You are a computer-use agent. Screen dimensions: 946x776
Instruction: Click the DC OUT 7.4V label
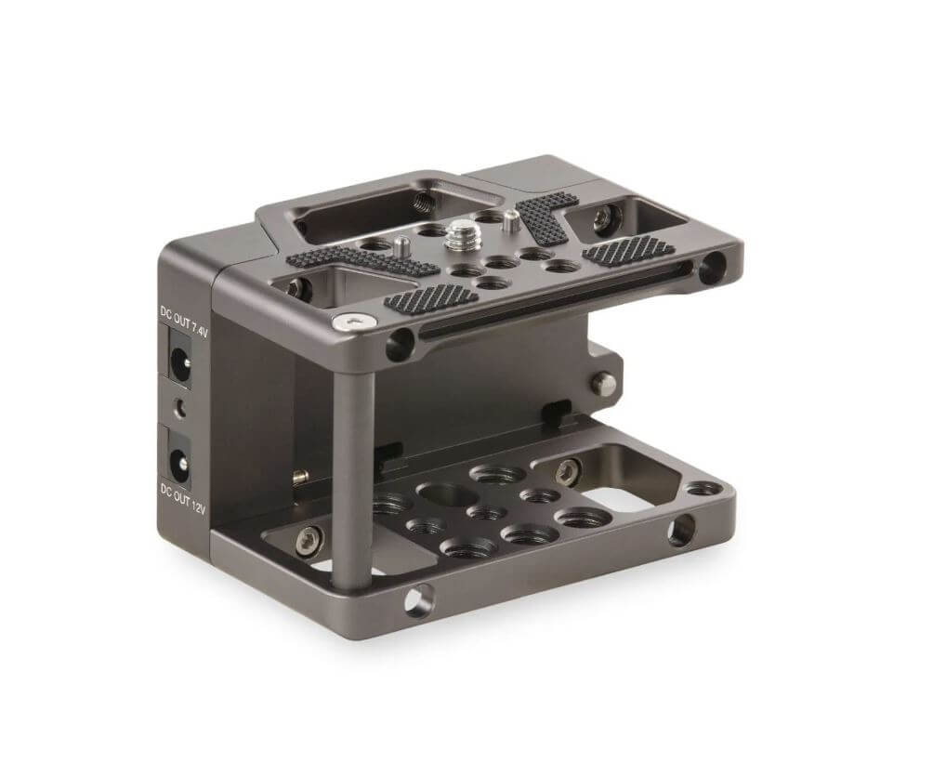183,321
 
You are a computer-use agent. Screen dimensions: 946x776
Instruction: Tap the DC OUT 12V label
183,496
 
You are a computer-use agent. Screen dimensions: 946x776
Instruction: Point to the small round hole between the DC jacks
179,410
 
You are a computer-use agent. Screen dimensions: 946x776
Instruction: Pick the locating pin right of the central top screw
510,221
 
